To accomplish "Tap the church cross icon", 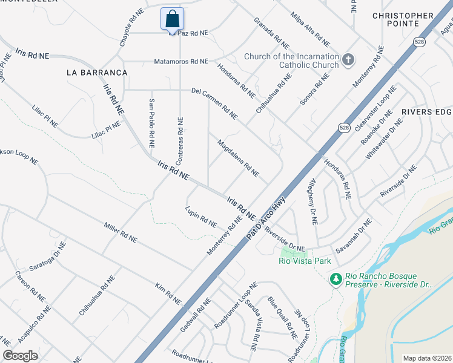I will click(x=348, y=59).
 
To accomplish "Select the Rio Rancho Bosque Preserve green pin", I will click(x=334, y=279).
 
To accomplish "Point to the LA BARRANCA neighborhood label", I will click(x=97, y=73).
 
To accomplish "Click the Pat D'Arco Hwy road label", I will click(x=265, y=217).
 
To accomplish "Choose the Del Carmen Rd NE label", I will click(x=214, y=103).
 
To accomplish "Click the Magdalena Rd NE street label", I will click(x=238, y=158).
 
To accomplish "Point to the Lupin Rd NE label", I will click(x=201, y=217).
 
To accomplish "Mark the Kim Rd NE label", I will click(x=168, y=293).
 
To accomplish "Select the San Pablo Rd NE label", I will click(x=151, y=122).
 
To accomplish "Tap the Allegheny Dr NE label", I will click(x=312, y=201).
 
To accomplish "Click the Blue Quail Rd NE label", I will click(x=282, y=318).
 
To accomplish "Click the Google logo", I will click(x=20, y=356).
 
